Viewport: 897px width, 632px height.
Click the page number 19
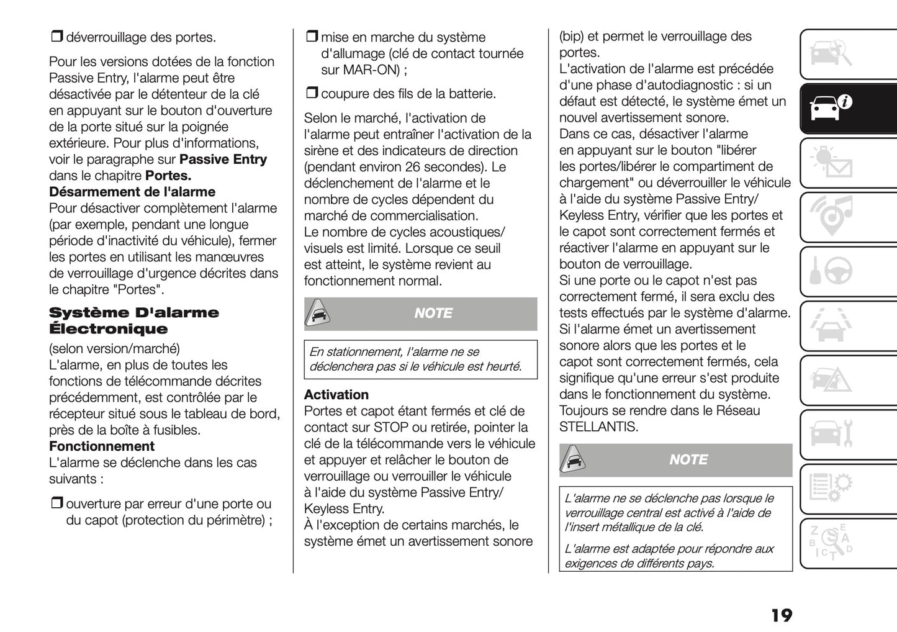click(x=782, y=615)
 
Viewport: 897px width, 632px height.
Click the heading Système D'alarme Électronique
click(x=133, y=320)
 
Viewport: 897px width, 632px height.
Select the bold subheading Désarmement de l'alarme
click(x=132, y=192)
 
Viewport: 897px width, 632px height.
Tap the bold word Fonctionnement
click(x=102, y=446)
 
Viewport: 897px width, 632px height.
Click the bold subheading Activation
click(x=336, y=395)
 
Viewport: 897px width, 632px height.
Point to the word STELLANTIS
click(x=598, y=427)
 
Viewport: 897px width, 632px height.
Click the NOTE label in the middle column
click(x=433, y=314)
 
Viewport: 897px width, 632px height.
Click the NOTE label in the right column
click(x=688, y=460)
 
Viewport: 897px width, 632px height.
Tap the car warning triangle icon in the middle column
click(x=317, y=314)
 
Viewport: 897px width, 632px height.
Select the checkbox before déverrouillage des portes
click(x=56, y=37)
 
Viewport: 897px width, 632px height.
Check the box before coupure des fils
click(x=311, y=94)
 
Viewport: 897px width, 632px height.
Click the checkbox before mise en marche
click(x=311, y=37)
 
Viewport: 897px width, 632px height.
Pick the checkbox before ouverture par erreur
click(x=56, y=504)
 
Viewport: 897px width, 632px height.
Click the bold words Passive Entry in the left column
click(x=223, y=160)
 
